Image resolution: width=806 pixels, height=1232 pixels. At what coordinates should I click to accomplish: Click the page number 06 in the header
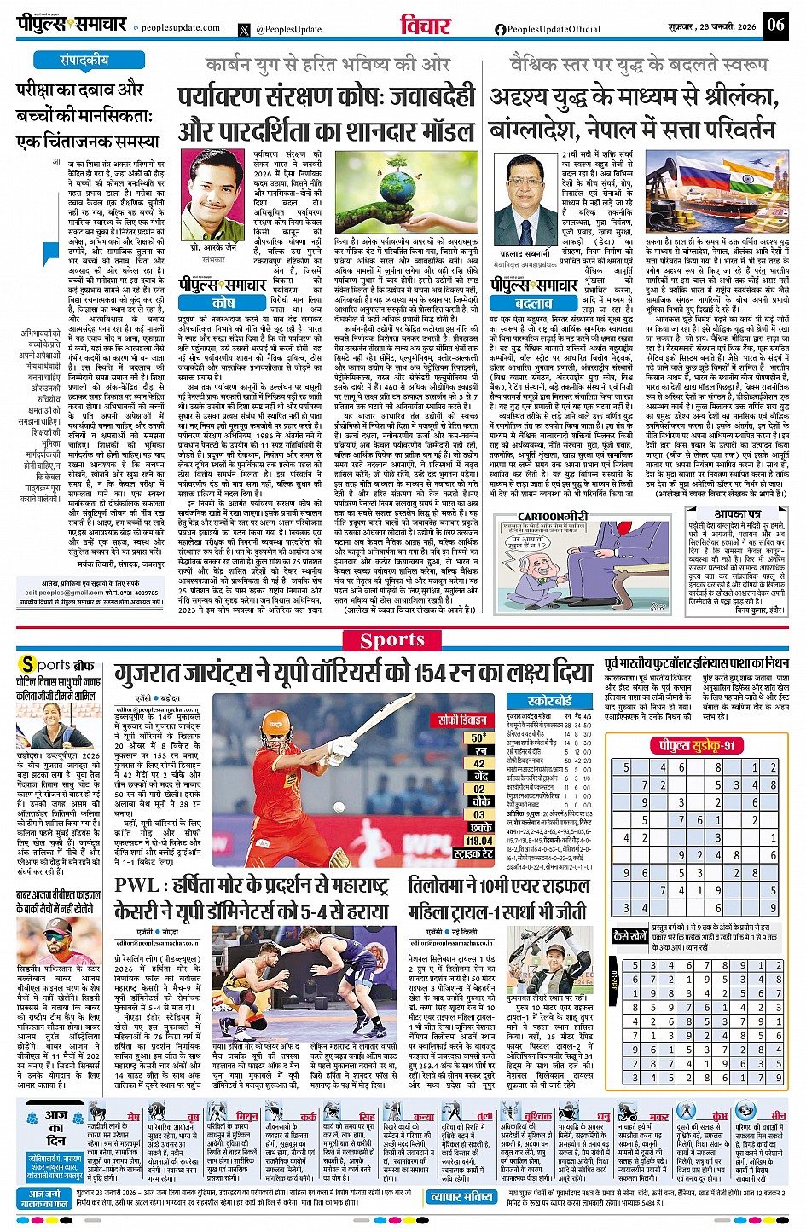point(774,24)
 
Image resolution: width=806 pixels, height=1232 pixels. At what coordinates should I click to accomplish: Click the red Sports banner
point(392,640)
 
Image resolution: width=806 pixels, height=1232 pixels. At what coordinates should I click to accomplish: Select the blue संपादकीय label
point(84,61)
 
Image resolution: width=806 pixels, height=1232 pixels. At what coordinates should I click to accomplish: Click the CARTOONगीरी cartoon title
point(553,516)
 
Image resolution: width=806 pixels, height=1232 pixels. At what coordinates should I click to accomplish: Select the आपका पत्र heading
point(738,514)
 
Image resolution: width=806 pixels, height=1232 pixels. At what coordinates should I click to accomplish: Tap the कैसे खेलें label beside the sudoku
point(630,936)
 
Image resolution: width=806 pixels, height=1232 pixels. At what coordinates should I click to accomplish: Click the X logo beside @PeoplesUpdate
point(245,29)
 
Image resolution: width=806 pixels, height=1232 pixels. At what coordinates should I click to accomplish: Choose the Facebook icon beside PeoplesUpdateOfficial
point(501,29)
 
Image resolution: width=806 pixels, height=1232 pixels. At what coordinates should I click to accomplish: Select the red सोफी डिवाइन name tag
point(463,720)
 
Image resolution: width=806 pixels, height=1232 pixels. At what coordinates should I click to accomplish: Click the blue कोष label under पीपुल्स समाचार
point(223,303)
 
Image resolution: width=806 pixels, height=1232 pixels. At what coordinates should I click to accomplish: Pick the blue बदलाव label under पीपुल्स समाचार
point(534,303)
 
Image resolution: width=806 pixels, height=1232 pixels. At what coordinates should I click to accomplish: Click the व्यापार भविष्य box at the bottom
point(461,1196)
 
